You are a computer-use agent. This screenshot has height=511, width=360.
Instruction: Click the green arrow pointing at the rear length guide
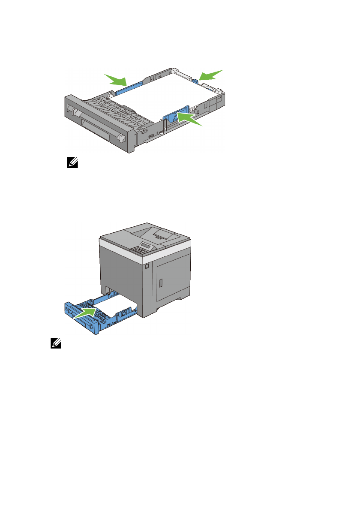[x=211, y=75]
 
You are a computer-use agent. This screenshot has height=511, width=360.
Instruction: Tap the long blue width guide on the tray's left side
[x=129, y=87]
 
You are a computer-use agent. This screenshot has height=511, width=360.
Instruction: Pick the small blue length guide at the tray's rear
[x=195, y=80]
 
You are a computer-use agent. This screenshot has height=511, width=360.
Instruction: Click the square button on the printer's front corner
[x=147, y=267]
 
